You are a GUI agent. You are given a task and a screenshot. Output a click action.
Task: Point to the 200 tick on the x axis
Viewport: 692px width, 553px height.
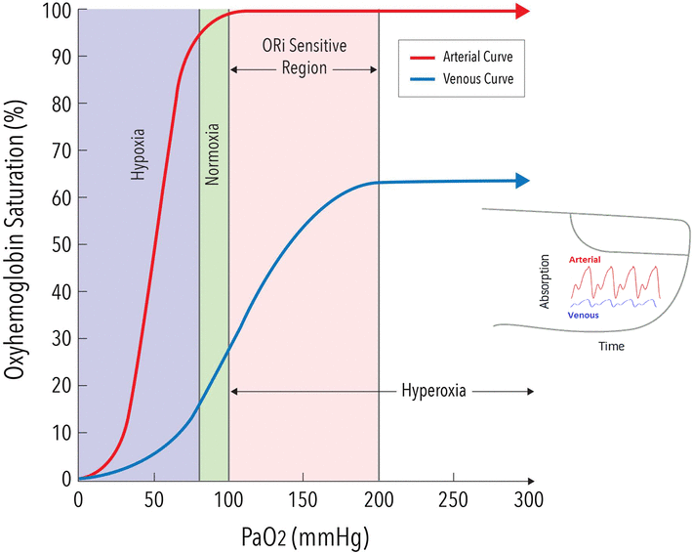[379, 499]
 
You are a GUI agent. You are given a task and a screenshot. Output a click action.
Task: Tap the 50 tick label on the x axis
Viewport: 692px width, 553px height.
[153, 499]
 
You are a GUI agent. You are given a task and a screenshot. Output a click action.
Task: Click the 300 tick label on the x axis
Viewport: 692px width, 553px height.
[528, 499]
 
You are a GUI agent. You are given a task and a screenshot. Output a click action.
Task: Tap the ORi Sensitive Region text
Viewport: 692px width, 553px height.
[304, 58]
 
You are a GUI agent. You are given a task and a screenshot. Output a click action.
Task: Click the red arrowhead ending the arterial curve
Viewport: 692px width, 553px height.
[523, 12]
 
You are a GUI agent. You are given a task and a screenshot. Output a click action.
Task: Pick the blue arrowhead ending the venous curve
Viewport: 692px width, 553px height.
[522, 181]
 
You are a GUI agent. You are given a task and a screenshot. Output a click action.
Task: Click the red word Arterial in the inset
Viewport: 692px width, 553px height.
[585, 259]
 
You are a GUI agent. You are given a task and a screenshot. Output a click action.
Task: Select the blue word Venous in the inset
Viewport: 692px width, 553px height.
[584, 316]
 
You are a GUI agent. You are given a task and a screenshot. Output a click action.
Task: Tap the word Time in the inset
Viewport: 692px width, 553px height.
[611, 346]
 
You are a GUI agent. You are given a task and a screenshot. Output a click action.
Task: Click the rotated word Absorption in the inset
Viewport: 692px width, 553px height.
[546, 282]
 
